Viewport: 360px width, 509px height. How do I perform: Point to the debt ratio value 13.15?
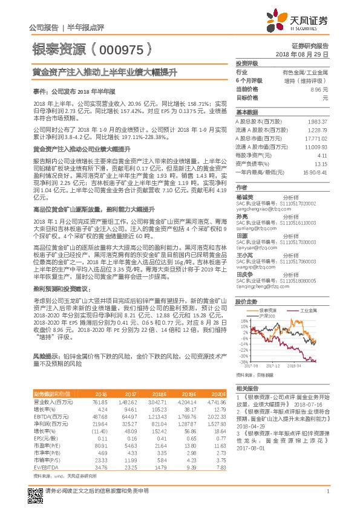tap(321, 164)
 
